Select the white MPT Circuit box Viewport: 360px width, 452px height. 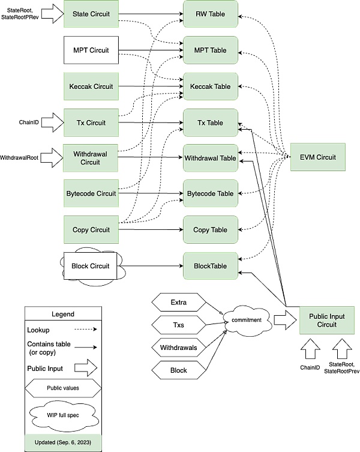tap(90, 50)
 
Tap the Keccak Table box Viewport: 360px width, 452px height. tap(211, 86)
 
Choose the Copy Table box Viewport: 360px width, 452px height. tap(211, 230)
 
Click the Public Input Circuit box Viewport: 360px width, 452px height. tap(326, 321)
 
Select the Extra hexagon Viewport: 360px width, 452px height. tap(179, 300)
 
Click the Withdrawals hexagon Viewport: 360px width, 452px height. tap(179, 347)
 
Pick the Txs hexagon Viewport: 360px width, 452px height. tap(179, 324)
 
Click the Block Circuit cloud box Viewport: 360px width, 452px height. tap(90, 265)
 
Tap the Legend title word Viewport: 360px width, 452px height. tap(63, 314)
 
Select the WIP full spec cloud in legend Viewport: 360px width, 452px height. tap(62, 415)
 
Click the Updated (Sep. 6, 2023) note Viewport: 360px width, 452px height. tap(63, 441)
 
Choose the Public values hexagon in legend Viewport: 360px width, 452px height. tap(62, 388)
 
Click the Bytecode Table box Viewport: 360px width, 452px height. tap(211, 194)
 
